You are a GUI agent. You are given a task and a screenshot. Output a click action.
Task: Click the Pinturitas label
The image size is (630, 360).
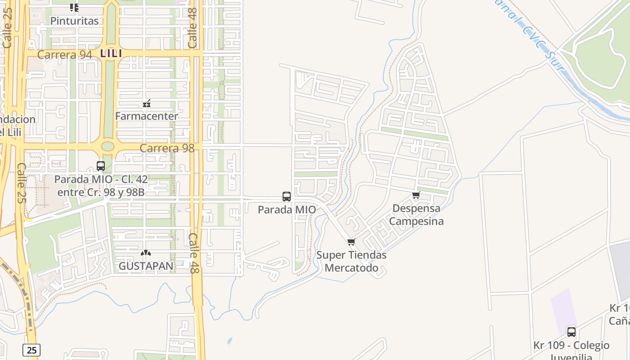[74, 21]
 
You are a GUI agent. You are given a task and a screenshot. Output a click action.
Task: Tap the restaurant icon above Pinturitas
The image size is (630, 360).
[74, 7]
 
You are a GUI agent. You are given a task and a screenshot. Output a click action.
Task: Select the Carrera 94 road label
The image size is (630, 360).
[64, 54]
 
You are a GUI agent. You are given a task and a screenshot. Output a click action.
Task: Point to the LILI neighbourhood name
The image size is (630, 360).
[111, 54]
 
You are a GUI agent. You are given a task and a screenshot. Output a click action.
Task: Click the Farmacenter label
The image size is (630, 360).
[147, 116]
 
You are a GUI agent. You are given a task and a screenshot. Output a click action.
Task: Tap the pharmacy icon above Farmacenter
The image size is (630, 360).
[147, 104]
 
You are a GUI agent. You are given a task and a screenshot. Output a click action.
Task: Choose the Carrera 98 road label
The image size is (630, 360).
[167, 148]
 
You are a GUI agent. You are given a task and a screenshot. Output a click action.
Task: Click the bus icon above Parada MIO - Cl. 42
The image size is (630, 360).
[101, 166]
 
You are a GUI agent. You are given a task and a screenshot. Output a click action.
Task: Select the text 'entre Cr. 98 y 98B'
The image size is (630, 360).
[101, 192]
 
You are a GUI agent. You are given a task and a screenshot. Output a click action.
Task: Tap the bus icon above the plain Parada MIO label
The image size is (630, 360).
[287, 197]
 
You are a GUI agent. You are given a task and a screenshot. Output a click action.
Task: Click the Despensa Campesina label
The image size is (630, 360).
[416, 215]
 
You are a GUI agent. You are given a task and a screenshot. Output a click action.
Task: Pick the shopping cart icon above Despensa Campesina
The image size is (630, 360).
[416, 195]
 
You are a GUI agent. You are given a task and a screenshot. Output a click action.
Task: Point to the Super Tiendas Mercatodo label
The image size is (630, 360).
[351, 261]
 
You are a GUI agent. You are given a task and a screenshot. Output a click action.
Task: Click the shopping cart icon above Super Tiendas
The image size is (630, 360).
[351, 242]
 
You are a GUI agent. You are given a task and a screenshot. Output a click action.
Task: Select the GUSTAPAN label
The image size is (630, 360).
[146, 266]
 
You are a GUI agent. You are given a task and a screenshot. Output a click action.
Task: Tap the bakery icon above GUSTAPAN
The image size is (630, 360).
[146, 253]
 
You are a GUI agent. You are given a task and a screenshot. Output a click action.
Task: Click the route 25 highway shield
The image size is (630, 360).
[31, 350]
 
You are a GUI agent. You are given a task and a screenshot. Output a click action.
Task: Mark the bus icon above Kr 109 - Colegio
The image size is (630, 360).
[571, 332]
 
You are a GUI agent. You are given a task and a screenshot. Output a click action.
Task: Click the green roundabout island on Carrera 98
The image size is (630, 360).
[108, 146]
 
